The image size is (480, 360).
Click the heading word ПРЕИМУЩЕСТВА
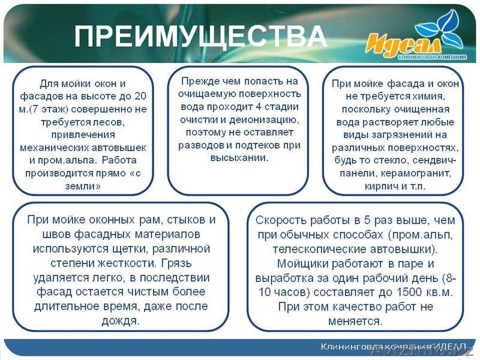(x=200, y=37)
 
